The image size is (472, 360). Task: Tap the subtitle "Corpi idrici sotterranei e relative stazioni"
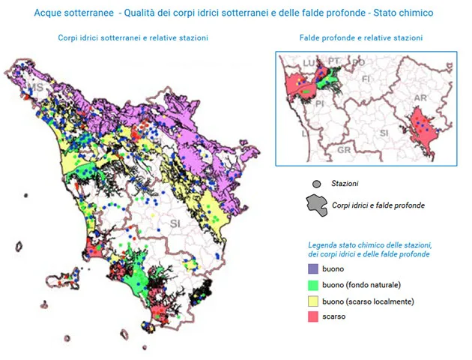tap(133, 37)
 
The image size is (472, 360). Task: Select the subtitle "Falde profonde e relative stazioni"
tap(361, 37)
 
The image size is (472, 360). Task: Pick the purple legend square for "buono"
tap(313, 268)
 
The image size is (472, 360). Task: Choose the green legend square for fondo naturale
tap(313, 285)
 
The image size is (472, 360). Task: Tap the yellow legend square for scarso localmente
tap(313, 301)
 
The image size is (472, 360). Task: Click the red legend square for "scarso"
tap(313, 317)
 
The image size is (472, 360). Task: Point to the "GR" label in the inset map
tap(344, 150)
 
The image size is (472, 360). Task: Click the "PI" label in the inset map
tap(319, 103)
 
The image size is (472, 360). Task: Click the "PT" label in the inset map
tap(334, 61)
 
